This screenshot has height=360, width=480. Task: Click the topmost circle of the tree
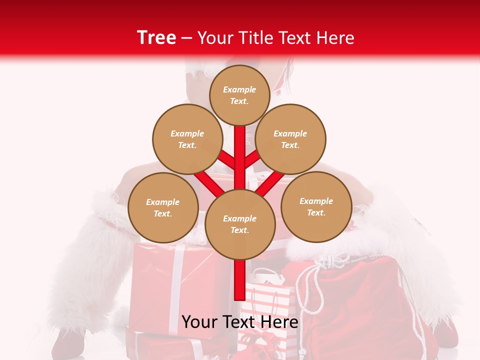[x=239, y=95]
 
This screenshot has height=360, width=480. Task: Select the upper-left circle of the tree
[x=187, y=139]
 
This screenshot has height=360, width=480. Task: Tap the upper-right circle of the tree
[x=290, y=139]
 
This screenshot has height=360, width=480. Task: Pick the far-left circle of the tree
[x=163, y=207]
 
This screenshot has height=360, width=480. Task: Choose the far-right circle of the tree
[x=316, y=206]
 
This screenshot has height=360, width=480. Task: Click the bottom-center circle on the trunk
[x=240, y=224]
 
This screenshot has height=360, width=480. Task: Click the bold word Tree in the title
[x=156, y=37]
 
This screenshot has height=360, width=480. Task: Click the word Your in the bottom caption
[x=199, y=321]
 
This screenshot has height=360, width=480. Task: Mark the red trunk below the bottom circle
[x=240, y=280]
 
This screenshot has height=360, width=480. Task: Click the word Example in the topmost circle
[x=239, y=89]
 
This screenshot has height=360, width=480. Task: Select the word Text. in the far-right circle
[x=316, y=212]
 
